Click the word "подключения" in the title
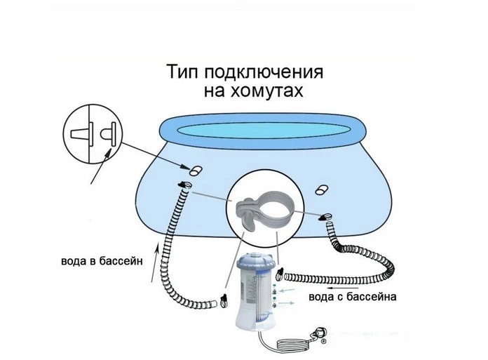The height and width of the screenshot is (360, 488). coord(264,72)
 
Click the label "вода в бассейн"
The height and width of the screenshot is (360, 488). coord(102,260)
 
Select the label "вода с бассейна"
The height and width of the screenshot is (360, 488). coord(353,296)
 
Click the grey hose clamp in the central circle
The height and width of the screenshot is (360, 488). coord(264,211)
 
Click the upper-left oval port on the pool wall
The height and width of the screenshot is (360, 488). coord(196,171)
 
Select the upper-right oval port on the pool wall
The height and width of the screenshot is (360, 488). coord(322,189)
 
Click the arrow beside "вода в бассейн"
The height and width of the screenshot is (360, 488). coord(155,263)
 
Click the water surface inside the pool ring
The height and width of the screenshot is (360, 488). coord(264,128)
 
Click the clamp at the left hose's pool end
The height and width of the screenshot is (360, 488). coord(184,185)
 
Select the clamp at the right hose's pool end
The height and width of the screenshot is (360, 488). coord(325,217)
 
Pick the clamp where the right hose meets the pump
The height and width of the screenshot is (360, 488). coord(280,274)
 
